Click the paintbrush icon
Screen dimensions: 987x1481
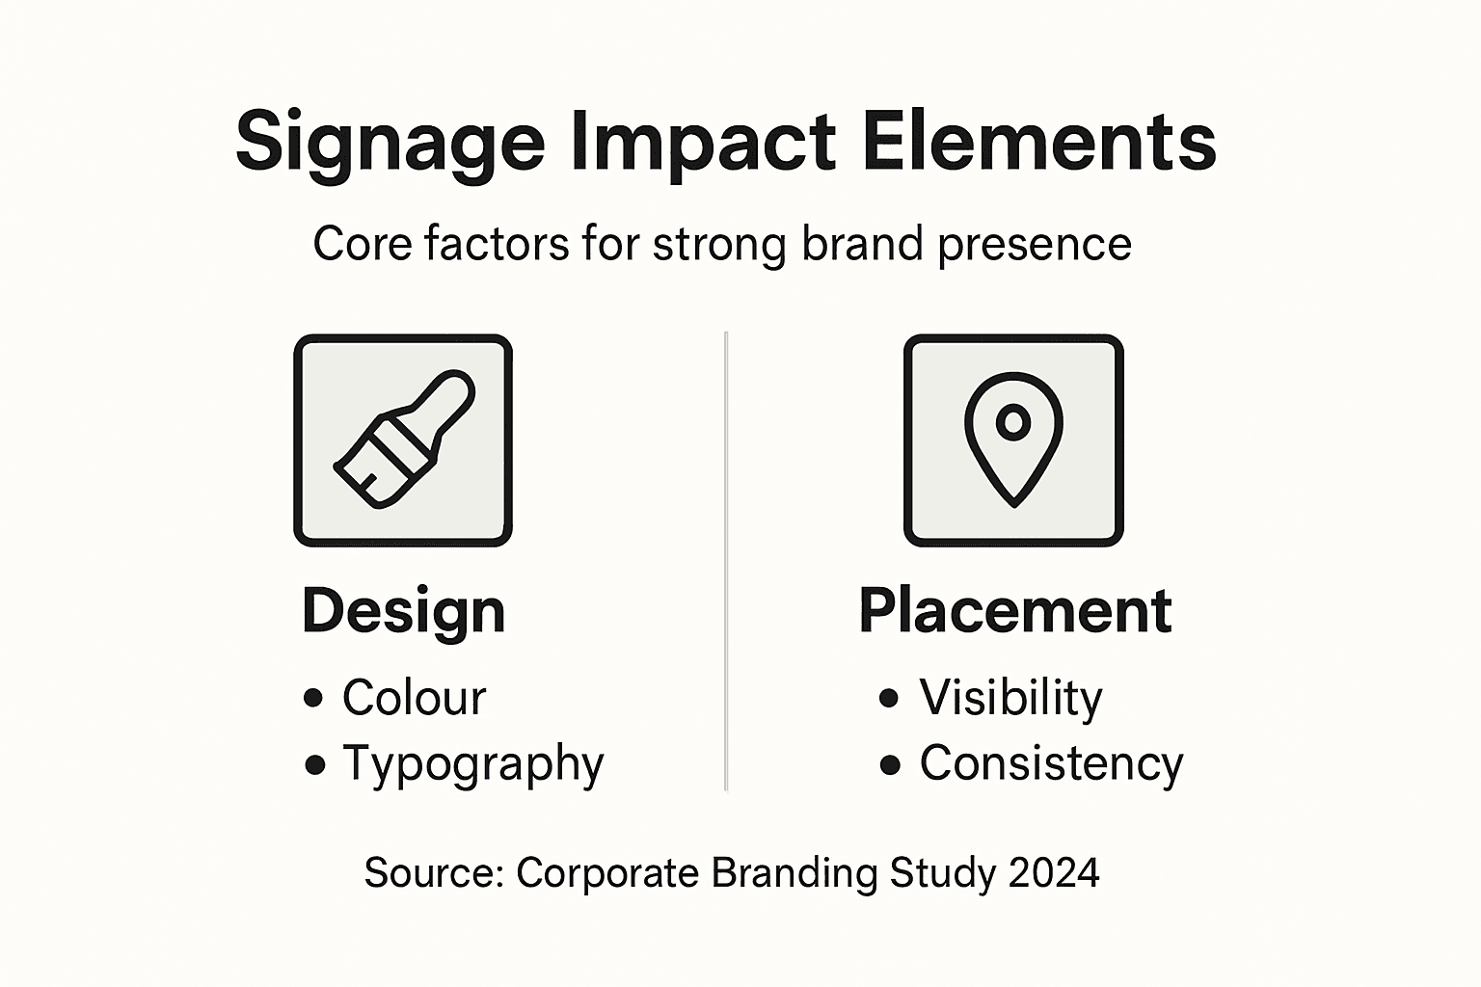403,440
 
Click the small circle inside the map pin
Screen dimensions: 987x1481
1013,421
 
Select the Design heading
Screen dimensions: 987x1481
403,611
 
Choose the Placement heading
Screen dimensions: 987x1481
1015,611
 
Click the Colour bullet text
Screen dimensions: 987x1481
414,698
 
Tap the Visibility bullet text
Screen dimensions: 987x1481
1010,698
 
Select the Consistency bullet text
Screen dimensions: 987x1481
1051,764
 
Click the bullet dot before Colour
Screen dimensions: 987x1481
313,698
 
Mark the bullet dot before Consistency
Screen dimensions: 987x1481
890,765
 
